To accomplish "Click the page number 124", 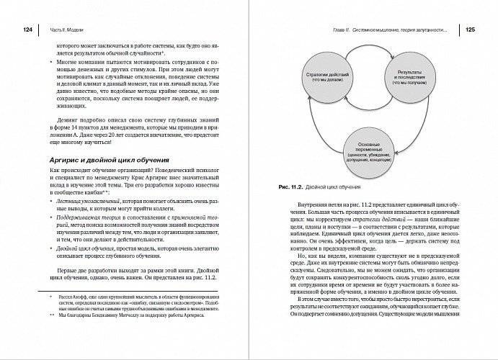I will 29,30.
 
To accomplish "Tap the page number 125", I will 468,30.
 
